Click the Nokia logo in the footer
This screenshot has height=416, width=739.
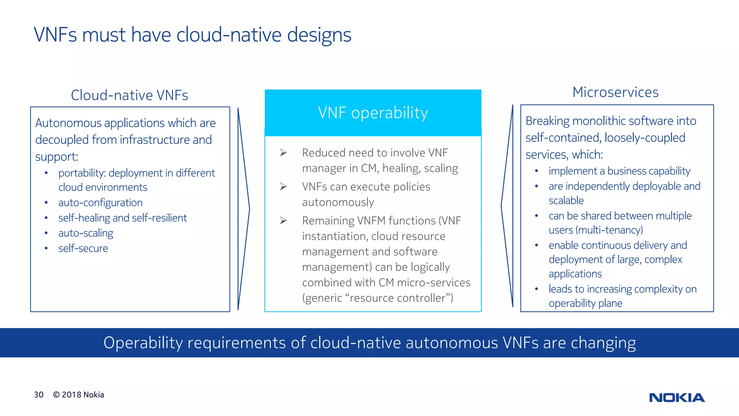(x=677, y=398)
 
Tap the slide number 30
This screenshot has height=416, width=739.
(x=39, y=395)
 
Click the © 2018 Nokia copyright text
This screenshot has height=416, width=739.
(x=79, y=395)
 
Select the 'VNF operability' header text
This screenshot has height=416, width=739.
(x=373, y=113)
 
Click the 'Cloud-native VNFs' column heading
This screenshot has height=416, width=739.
(x=130, y=95)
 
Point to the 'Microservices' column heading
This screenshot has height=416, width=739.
(x=615, y=92)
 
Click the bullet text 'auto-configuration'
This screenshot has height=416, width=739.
(x=100, y=203)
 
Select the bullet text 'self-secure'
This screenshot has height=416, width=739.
(x=83, y=248)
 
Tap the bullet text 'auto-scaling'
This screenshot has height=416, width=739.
(x=86, y=233)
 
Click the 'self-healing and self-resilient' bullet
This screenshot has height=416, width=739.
(x=123, y=218)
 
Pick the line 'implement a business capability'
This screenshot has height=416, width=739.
(x=619, y=171)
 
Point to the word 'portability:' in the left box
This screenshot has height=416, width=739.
(x=82, y=173)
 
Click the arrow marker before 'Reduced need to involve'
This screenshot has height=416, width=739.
(x=283, y=153)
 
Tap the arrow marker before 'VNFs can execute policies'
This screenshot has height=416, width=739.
(x=283, y=187)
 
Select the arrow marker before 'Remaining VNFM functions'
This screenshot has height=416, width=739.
(x=283, y=221)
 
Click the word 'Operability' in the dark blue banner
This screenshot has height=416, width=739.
(x=143, y=343)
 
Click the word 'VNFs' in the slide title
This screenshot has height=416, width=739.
(x=55, y=35)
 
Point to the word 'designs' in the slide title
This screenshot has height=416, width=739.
(x=319, y=35)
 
